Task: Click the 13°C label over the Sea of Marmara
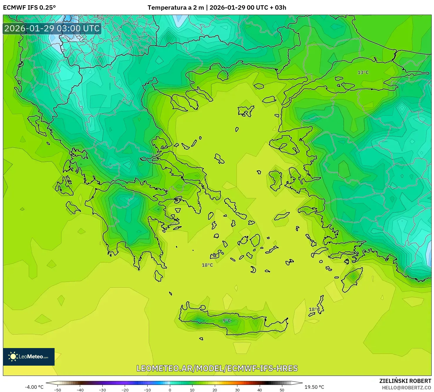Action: pyautogui.click(x=363, y=73)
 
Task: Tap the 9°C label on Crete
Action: pyautogui.click(x=227, y=321)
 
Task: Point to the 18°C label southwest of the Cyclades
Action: pyautogui.click(x=207, y=265)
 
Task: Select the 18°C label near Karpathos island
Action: pyautogui.click(x=314, y=310)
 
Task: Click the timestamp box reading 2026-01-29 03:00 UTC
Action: pyautogui.click(x=52, y=28)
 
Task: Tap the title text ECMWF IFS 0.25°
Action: pyautogui.click(x=29, y=8)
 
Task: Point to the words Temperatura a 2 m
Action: pyautogui.click(x=175, y=8)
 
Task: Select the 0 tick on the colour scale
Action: pyautogui.click(x=170, y=390)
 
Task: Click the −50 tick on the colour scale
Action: pyautogui.click(x=58, y=390)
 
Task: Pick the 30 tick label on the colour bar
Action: pyautogui.click(x=237, y=390)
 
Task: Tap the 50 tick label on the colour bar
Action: pyautogui.click(x=282, y=390)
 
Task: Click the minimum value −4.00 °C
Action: pyautogui.click(x=34, y=387)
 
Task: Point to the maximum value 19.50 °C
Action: pyautogui.click(x=314, y=387)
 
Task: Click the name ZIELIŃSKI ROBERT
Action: pyautogui.click(x=405, y=381)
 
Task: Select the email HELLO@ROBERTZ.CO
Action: pyautogui.click(x=406, y=388)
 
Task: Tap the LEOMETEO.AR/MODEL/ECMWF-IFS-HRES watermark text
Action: pyautogui.click(x=217, y=368)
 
